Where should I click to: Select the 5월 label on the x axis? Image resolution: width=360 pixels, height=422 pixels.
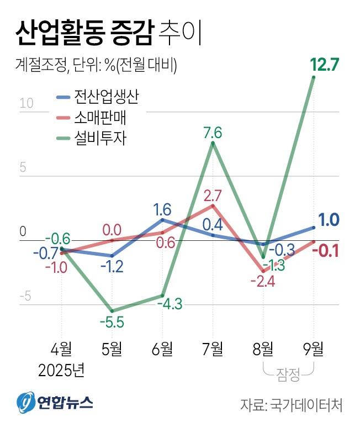(113, 349)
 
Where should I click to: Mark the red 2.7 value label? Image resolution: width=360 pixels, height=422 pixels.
(213, 196)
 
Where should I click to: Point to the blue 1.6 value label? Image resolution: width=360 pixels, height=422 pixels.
(162, 209)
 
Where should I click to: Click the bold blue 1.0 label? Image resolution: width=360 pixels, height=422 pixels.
(329, 220)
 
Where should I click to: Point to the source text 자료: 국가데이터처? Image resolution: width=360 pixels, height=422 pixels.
(291, 404)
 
